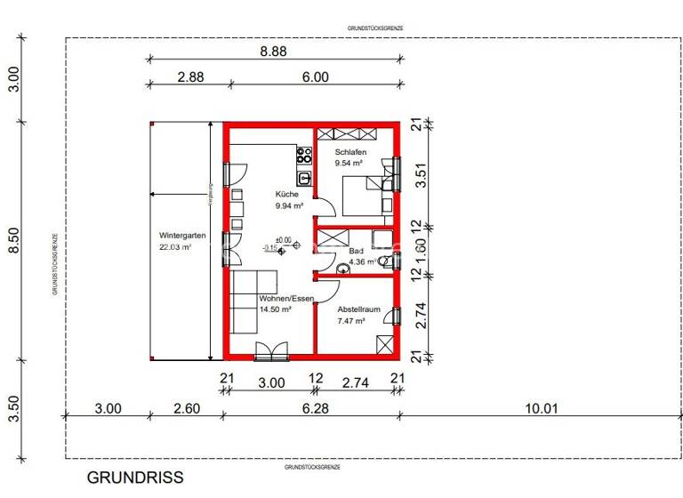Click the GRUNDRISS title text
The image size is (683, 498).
[x=135, y=478]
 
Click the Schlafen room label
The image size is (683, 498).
[x=350, y=152]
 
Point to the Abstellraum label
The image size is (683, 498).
[x=358, y=309]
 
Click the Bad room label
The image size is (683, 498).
[x=356, y=252]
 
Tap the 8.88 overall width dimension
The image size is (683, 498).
[x=273, y=52]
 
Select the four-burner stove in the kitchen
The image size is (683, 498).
[x=304, y=156]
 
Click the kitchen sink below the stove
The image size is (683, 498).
[x=304, y=177]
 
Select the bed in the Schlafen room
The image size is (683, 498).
[x=365, y=195]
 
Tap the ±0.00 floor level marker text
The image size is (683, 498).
[x=283, y=239]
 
